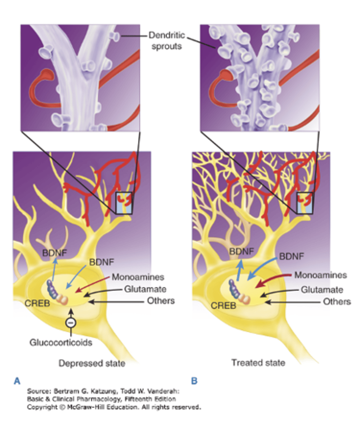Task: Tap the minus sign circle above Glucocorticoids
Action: tap(71, 323)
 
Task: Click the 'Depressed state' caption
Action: tap(92, 363)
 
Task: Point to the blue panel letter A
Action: tap(16, 381)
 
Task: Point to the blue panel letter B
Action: tap(194, 381)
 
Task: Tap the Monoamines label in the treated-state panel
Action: tap(321, 275)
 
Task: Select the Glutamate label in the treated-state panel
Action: tap(321, 289)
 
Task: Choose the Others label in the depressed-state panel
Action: tap(161, 300)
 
